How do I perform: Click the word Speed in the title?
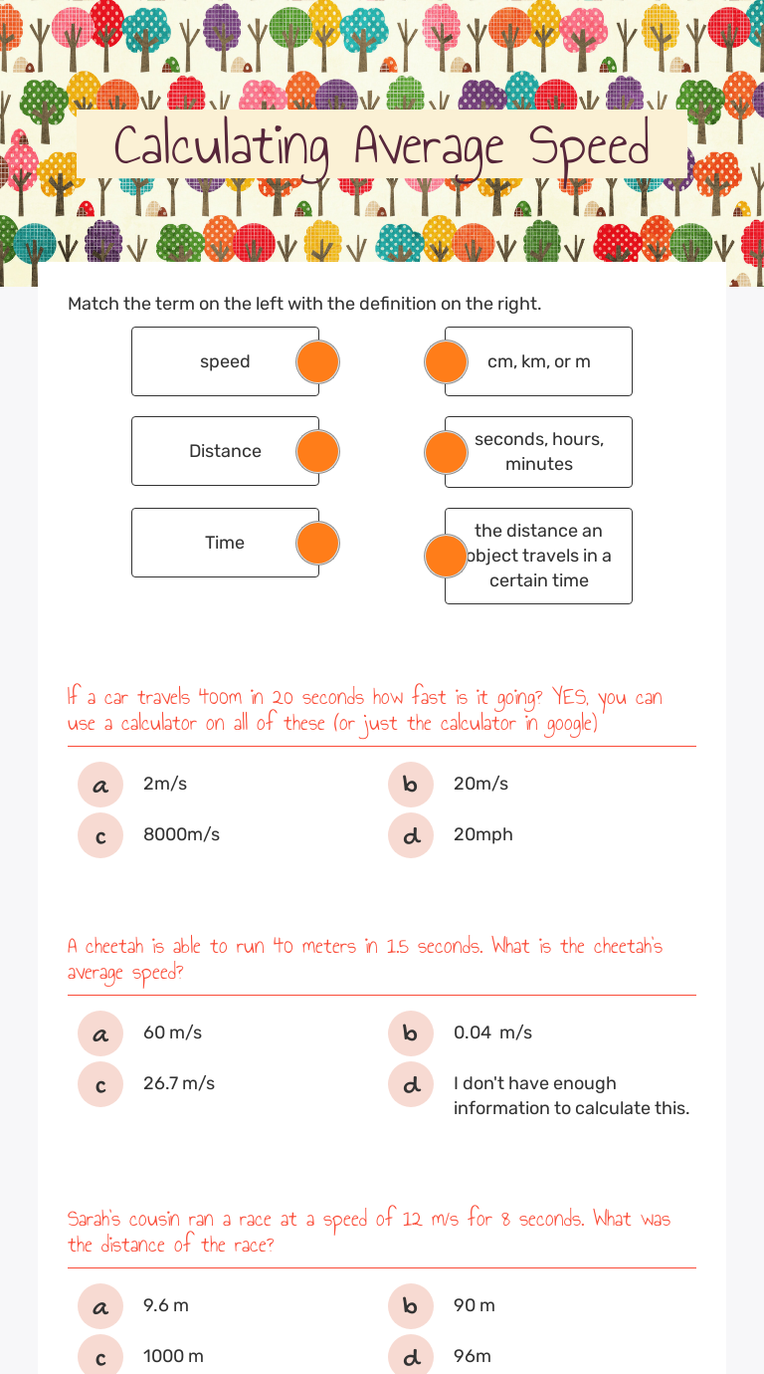(589, 147)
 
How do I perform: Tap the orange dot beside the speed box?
(318, 362)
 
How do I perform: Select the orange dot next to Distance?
(318, 452)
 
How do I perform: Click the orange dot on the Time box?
(318, 544)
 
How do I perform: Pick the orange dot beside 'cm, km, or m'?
(446, 362)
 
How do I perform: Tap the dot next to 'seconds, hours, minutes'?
(446, 453)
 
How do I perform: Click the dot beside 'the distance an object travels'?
(446, 556)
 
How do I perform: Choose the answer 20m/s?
(480, 785)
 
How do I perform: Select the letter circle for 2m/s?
(100, 785)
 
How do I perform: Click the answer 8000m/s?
(181, 835)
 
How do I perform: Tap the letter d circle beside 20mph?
(411, 835)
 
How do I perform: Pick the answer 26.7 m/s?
(179, 1084)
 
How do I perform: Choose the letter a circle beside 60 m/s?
(100, 1033)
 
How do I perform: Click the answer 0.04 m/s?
(492, 1033)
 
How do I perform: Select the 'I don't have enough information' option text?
(571, 1096)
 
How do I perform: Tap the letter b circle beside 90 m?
(411, 1306)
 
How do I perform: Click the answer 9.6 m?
(166, 1306)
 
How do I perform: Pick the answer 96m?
(473, 1357)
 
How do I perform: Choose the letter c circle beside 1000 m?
(100, 1357)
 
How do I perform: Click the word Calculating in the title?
(221, 147)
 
